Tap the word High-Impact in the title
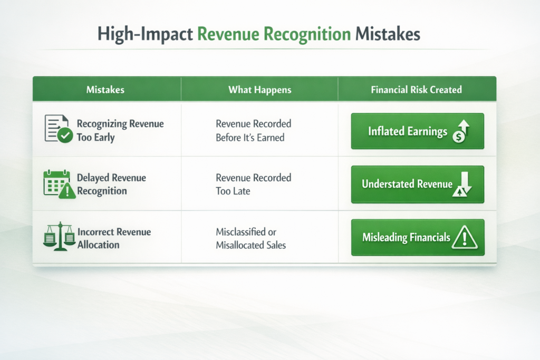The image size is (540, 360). (145, 35)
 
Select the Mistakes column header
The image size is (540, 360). (105, 90)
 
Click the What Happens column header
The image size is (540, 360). (259, 90)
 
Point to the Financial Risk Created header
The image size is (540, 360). (417, 90)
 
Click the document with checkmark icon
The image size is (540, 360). (59, 129)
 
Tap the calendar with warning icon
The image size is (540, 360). (59, 184)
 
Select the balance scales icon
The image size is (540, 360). (59, 236)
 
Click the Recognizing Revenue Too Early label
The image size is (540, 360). (120, 130)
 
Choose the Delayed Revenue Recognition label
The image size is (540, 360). (111, 184)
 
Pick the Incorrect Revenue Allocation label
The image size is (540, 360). (114, 238)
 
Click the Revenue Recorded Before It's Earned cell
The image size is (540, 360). (254, 130)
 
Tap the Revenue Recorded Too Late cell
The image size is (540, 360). (254, 184)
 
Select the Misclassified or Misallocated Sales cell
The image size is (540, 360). (250, 238)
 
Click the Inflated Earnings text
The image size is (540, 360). (408, 131)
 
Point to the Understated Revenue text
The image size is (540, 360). (407, 184)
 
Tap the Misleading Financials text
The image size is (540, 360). (407, 238)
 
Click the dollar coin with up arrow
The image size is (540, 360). (461, 131)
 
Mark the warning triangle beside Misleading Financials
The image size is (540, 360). (465, 237)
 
